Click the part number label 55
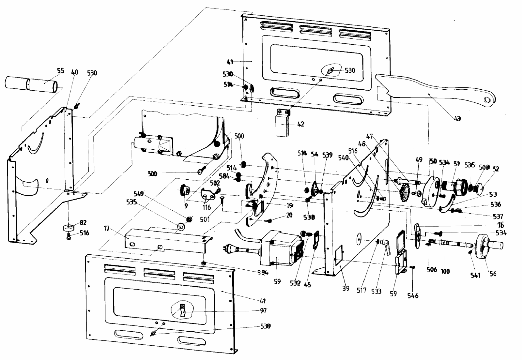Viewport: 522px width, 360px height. [60, 71]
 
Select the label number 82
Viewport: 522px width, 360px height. [83, 223]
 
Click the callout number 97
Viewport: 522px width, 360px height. [263, 311]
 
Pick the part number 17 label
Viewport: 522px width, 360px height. [107, 229]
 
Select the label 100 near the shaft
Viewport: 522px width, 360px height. [445, 271]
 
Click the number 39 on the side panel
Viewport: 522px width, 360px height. [345, 288]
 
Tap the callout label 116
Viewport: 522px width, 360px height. [207, 207]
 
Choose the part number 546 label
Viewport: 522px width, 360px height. [413, 296]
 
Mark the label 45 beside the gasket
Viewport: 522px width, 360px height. [307, 284]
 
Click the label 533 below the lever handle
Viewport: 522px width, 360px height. [376, 291]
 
